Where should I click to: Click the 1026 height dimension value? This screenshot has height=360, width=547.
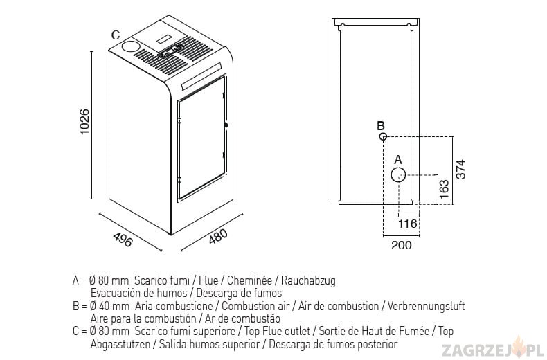84,121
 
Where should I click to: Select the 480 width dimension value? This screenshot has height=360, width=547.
218,236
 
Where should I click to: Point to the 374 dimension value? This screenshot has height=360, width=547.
460,169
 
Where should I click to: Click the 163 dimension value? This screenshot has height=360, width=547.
444,189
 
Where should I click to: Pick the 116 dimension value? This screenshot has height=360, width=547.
408,223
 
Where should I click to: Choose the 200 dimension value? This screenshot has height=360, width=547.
401,245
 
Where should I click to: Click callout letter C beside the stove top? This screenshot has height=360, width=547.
116,35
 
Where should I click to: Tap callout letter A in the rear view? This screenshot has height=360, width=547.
398,160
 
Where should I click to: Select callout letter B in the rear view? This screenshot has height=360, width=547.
381,125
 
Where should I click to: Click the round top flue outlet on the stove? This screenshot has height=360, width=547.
130,46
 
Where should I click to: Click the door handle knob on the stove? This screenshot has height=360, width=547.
226,125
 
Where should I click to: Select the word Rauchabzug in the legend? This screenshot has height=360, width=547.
308,280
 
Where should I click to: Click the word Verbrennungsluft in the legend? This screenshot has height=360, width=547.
426,306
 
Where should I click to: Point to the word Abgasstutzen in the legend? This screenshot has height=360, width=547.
120,344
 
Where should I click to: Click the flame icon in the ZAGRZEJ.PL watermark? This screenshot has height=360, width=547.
519,346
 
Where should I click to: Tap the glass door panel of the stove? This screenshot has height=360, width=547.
201,137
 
